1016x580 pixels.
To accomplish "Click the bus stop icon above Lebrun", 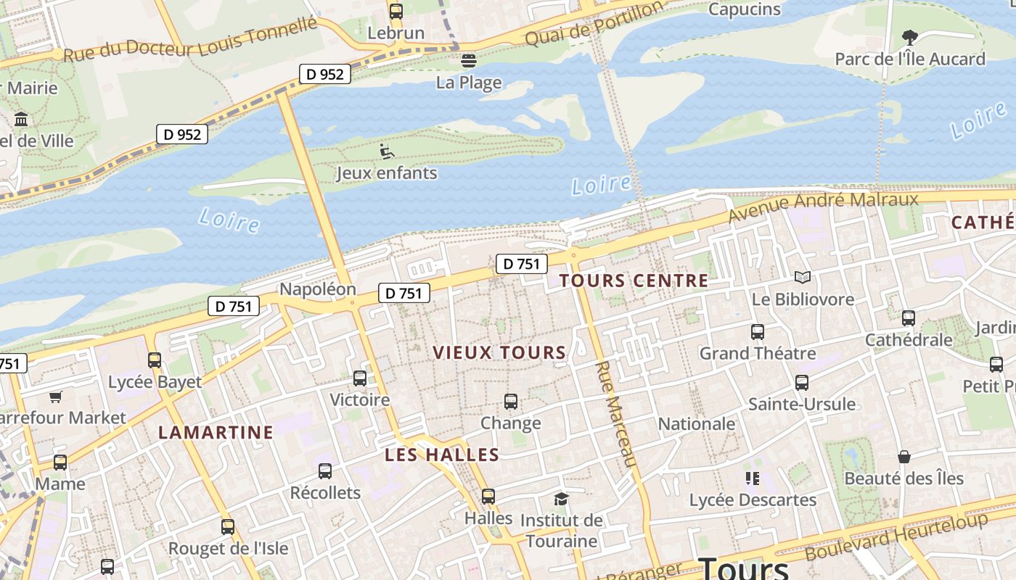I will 396,11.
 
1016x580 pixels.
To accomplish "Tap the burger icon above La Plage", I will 469,60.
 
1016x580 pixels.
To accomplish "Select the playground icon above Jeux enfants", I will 387,152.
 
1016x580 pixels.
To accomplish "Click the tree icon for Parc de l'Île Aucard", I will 909,37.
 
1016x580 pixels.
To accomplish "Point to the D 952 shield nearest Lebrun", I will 325,74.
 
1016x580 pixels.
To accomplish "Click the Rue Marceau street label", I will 615,413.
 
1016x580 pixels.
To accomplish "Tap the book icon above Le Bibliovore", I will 802,278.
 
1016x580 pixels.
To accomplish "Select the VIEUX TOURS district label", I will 499,353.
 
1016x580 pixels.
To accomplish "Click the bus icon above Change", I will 511,402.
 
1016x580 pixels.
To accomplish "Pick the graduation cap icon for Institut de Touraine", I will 561,499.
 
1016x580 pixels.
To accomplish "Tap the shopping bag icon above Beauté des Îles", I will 904,457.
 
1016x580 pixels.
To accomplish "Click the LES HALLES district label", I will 442,455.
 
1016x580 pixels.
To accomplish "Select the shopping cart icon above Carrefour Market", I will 56,397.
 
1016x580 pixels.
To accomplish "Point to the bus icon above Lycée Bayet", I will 155,360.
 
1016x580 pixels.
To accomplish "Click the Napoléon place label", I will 318,289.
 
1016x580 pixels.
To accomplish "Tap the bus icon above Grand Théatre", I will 758,332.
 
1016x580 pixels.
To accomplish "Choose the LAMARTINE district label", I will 216,433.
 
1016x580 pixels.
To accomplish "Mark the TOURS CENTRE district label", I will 634,281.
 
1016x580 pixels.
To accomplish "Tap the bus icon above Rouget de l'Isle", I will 228,527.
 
